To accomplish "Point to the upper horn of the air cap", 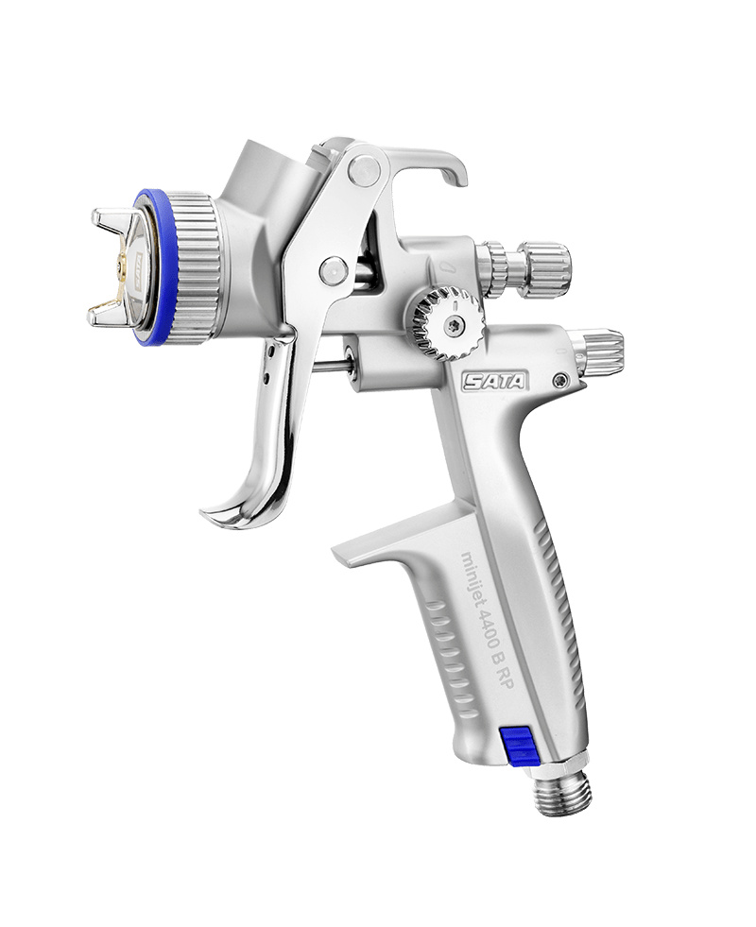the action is point(113,222).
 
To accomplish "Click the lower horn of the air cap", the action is point(111,309).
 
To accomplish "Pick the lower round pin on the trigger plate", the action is point(332,270).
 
